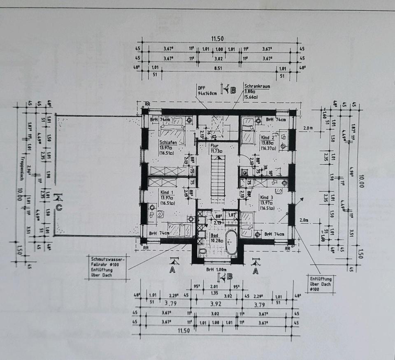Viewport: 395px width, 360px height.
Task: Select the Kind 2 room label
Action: pyautogui.click(x=267, y=138)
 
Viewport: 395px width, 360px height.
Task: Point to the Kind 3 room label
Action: pyautogui.click(x=267, y=197)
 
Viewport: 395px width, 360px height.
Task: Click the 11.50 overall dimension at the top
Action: pyautogui.click(x=217, y=39)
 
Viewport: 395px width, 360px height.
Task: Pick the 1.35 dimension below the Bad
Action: pyautogui.click(x=214, y=293)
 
